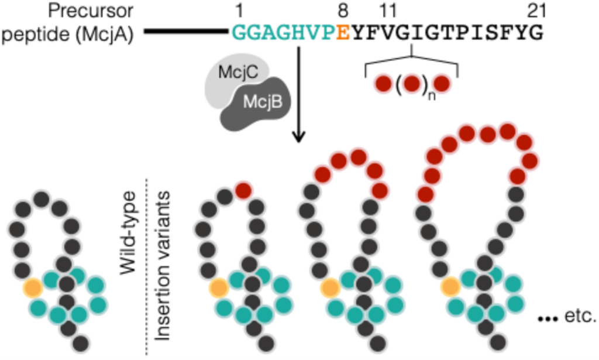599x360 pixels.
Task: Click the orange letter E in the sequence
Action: click(343, 33)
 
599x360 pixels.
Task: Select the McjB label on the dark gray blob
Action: click(263, 102)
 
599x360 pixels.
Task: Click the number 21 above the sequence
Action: click(537, 11)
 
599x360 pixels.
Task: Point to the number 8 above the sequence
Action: click(343, 11)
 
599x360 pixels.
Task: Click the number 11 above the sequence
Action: click(388, 11)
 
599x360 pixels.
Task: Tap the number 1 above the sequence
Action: click(239, 11)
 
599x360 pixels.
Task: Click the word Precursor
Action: click(91, 11)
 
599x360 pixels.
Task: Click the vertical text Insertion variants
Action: click(162, 266)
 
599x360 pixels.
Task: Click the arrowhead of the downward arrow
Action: click(298, 137)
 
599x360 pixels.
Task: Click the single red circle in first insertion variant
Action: click(243, 190)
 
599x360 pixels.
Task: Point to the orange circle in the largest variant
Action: click(450, 287)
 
